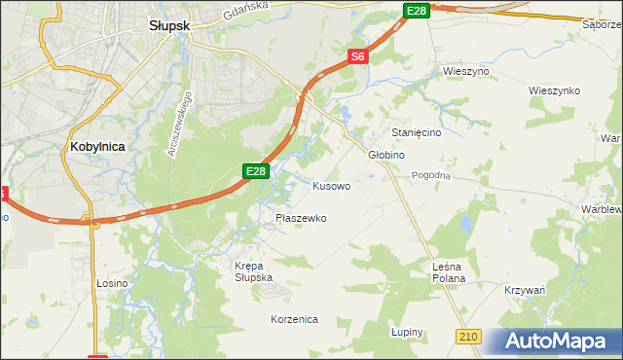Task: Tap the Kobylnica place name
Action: coord(100,146)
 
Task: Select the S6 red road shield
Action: coord(358,57)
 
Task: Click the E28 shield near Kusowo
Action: coord(255,171)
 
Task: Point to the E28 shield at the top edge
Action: coord(416,10)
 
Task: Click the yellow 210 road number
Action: coord(468,336)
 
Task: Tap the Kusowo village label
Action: coord(331,185)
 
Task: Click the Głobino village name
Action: coord(386,155)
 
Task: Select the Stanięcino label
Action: coord(418,131)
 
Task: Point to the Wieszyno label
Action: coord(465,72)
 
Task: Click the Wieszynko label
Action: coord(555,90)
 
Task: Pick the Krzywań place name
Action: coord(525,291)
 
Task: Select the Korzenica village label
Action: coord(293,319)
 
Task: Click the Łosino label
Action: coord(112,283)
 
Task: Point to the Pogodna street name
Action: coord(431,175)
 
